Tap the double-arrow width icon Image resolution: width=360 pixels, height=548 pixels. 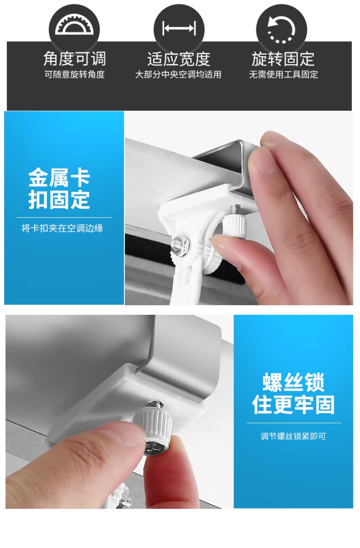(x=179, y=28)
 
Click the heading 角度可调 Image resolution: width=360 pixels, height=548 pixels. (x=74, y=59)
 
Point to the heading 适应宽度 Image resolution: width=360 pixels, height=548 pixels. (x=179, y=59)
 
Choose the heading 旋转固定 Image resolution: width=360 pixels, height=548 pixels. (x=283, y=59)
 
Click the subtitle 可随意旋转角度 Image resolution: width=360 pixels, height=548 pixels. (x=74, y=74)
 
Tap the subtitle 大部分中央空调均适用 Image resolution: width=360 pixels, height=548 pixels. (x=178, y=74)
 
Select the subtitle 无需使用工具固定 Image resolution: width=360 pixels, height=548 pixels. (x=284, y=74)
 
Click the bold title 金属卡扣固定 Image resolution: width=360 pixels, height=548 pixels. (x=59, y=189)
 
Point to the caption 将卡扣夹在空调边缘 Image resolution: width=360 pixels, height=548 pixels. (x=62, y=228)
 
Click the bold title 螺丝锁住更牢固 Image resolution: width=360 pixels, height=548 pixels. (x=294, y=393)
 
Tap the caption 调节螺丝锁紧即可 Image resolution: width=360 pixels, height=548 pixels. (x=293, y=436)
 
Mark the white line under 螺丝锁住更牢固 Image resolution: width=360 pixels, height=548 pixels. (x=294, y=423)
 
